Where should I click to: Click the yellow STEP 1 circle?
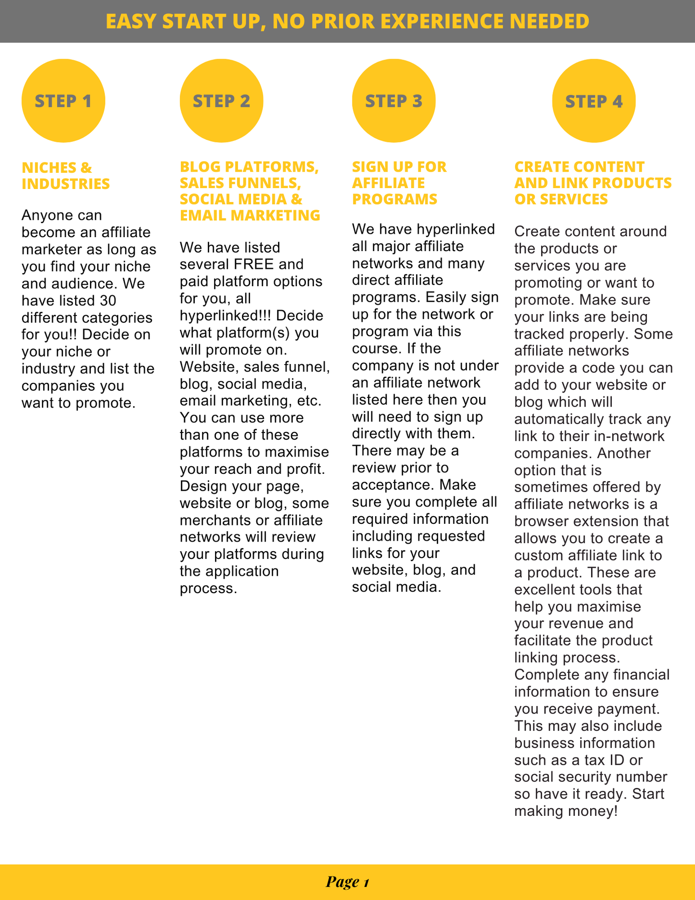tap(63, 101)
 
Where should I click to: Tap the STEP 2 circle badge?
tap(221, 101)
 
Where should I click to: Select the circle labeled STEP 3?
tap(393, 101)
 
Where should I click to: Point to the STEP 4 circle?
tap(594, 101)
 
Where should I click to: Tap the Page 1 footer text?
tap(347, 882)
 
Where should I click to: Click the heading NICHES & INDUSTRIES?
tap(66, 176)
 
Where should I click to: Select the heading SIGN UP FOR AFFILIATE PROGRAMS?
tap(399, 183)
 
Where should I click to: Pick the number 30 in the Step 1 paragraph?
tap(108, 301)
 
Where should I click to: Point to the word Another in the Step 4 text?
tap(623, 453)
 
